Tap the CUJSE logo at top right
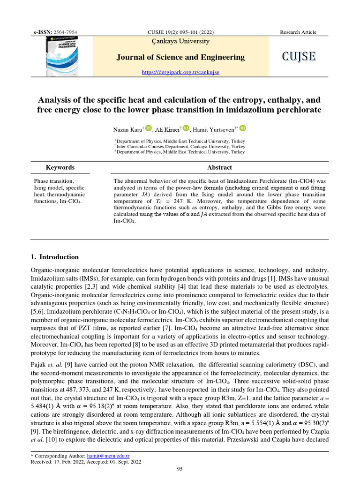299,57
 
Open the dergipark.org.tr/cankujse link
180,72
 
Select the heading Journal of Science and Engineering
180,57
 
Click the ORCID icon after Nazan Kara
149,128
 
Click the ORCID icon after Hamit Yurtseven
243,128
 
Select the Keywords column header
60,167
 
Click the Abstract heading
219,167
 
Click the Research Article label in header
298,32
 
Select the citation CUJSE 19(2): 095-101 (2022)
180,32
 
